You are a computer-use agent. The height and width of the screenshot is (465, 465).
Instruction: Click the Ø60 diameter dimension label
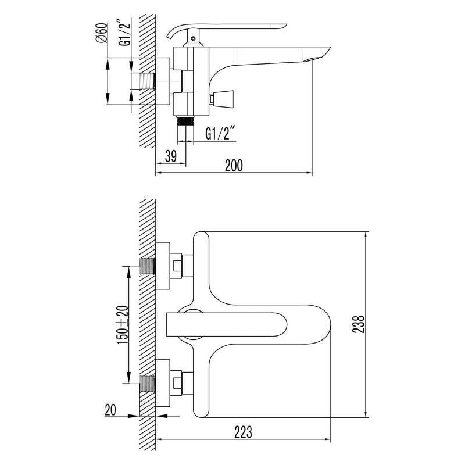point(102,33)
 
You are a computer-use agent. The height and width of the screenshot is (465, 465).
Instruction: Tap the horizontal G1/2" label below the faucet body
point(220,133)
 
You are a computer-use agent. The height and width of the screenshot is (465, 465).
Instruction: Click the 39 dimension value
point(170,156)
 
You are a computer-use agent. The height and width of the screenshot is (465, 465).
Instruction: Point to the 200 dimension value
point(234,166)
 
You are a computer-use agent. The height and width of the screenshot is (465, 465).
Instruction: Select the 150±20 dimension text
point(123,325)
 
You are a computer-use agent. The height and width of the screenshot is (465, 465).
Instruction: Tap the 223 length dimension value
point(243,432)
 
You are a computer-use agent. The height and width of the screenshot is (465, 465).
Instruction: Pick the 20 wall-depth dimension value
point(110,410)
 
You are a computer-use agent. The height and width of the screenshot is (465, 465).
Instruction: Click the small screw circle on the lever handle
point(194,38)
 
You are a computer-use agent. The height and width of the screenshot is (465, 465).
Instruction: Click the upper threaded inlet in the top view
point(148,266)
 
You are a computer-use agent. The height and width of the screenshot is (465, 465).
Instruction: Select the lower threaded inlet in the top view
point(148,384)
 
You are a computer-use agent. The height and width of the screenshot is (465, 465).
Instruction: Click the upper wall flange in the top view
point(163,266)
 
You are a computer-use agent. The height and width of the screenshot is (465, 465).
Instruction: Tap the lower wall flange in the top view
point(163,383)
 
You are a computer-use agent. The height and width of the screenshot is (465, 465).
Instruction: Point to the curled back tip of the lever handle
point(169,35)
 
